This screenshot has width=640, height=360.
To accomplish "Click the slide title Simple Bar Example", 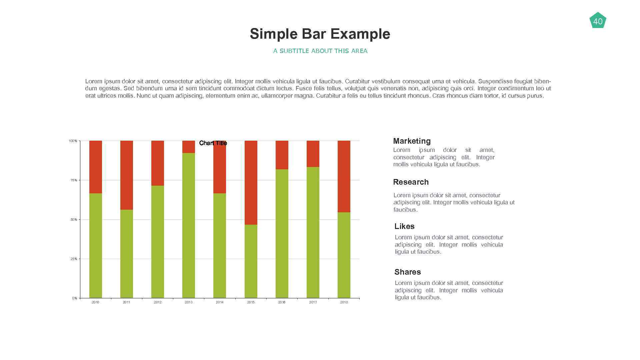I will pos(320,34).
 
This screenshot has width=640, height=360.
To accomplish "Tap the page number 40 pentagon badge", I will pos(598,21).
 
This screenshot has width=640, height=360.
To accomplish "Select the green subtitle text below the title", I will pos(320,51).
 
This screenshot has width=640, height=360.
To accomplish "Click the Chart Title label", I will pos(213,143).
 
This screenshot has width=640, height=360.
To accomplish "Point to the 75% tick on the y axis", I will pos(74,180).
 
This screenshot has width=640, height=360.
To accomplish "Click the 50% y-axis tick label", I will pos(74,220).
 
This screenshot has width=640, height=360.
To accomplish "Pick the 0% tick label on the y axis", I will pos(75,298).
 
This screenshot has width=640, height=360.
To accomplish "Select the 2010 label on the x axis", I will pos(95,302).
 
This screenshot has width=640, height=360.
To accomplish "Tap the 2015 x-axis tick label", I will pos(251,302).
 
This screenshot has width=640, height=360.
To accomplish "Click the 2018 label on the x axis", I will pos(344,302).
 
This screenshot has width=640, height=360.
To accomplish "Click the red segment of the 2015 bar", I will pos(251,183).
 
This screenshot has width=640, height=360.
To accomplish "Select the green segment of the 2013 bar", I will pos(188,225).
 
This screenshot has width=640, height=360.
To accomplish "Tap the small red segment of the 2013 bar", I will pos(188,147).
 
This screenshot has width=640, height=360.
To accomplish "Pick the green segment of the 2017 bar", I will pos(313,232).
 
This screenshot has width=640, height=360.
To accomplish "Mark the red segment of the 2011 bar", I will pos(126,175).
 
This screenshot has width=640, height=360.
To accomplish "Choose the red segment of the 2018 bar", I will pos(344,176).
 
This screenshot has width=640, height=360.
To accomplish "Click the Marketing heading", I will pos(412,141).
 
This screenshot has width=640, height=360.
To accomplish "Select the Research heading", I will pos(411,182).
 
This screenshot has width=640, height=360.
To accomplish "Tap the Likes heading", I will pos(404,226).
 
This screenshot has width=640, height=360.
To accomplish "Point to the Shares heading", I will pos(407,272).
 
